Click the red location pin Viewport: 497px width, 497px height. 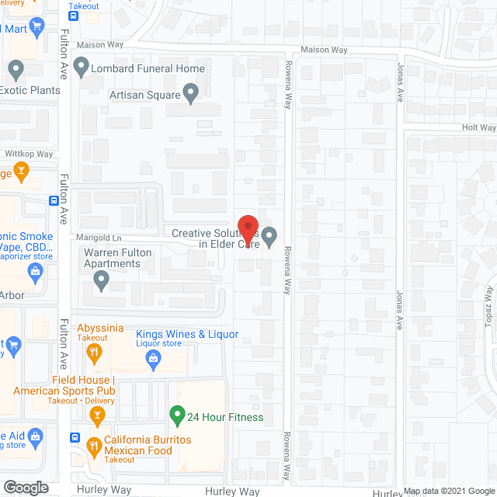[248, 229]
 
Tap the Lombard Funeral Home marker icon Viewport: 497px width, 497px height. [81, 68]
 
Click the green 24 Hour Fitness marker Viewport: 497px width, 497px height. [176, 417]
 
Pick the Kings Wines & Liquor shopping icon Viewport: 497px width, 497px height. [154, 358]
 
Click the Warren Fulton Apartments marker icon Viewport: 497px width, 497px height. [99, 282]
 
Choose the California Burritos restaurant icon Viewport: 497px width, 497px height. [95, 445]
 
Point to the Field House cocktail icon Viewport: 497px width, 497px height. [97, 417]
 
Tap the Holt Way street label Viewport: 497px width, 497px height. [478, 127]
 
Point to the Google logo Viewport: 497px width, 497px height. [25, 487]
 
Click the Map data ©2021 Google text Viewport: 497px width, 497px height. [449, 491]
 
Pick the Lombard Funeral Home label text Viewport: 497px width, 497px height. [148, 68]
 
